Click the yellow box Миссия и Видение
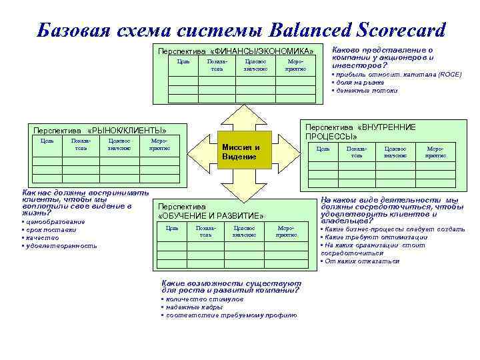(x=241, y=151)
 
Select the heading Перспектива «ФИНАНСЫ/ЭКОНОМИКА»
(x=235, y=51)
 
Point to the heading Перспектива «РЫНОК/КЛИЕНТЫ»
(x=99, y=130)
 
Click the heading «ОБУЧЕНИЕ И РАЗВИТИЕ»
(x=211, y=216)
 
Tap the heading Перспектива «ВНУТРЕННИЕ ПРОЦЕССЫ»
(x=360, y=131)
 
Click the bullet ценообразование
(x=54, y=221)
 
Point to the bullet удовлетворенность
(x=61, y=245)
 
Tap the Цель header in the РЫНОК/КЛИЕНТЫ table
(x=47, y=141)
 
